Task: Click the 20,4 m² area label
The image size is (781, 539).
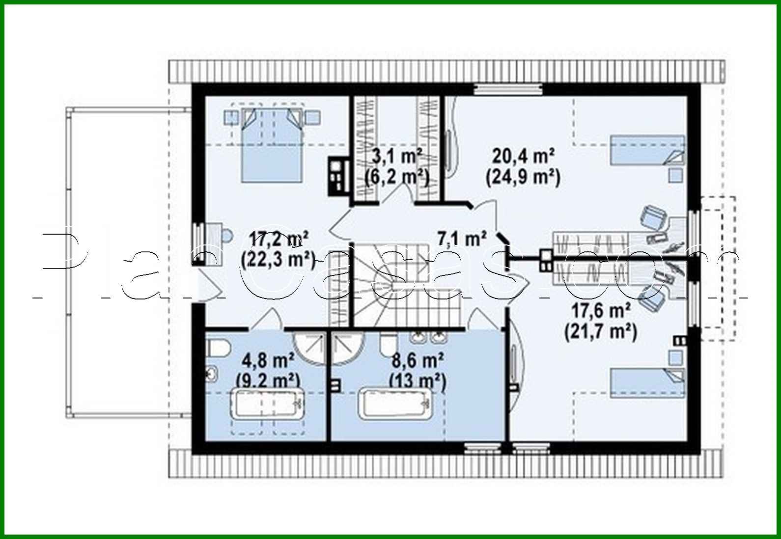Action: pos(523,157)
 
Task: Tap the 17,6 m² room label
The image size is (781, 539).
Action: pos(600,311)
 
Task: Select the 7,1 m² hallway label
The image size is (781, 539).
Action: pos(462,239)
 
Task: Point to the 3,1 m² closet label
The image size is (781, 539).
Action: pos(396,157)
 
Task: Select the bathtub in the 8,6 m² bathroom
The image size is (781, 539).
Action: pos(396,404)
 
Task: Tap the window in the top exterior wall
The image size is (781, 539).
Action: pos(508,89)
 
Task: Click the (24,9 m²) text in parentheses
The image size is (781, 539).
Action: pos(523,177)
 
